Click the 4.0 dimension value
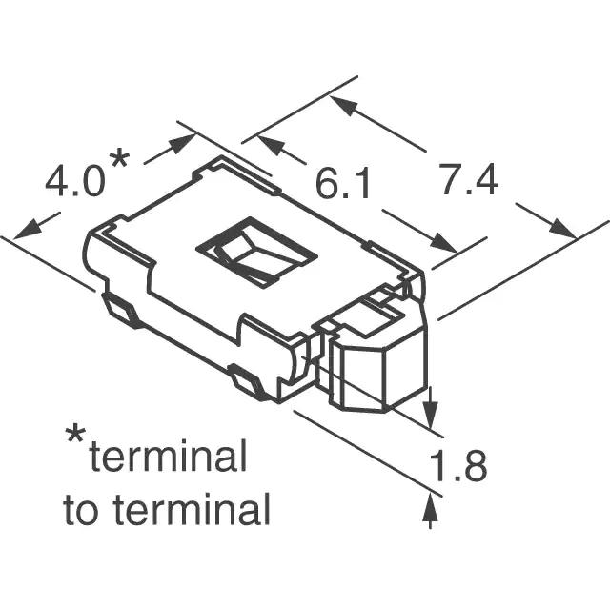coord(75,182)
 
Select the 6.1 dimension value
coord(343,184)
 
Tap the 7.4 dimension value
coord(469,179)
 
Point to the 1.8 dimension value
coord(457,466)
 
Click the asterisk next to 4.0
coord(119,157)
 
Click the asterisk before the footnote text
coord(75,436)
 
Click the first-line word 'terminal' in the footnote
coord(168,456)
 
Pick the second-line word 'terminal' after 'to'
coord(192,509)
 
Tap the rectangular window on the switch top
coord(256,252)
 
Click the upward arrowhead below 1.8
coord(430,508)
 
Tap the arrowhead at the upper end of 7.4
coord(344,105)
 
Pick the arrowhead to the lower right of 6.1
coord(443,243)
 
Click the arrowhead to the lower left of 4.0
coord(28,231)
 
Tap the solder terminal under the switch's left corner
coord(120,310)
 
